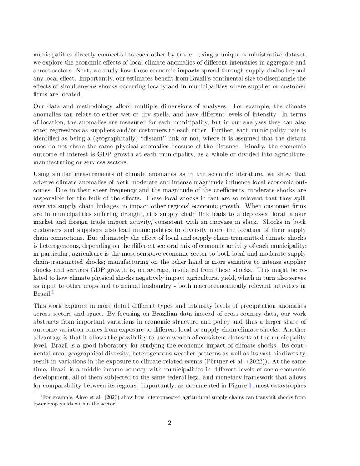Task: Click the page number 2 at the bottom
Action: click(x=169, y=423)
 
